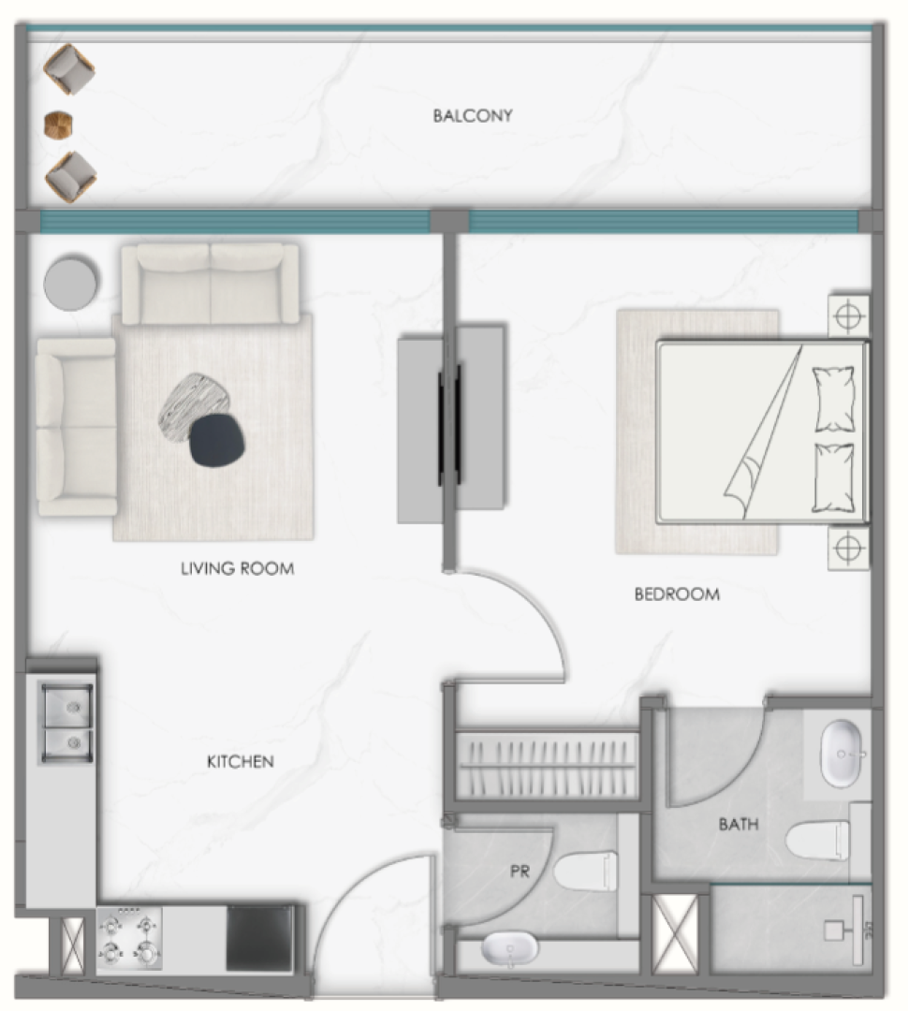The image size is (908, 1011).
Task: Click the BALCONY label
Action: coord(473,116)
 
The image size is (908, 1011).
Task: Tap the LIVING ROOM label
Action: coord(238,569)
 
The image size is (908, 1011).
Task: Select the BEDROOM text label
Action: coord(677,593)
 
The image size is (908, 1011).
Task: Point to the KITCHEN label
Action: coord(241,762)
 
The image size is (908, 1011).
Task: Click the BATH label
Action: coord(739,824)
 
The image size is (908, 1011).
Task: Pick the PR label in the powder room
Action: coord(520,872)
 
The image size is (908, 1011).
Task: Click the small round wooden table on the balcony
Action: coord(58,125)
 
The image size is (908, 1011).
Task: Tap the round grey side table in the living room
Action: coord(71,283)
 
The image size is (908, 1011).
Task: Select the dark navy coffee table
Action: coord(217,440)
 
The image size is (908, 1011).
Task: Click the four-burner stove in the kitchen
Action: coord(129,938)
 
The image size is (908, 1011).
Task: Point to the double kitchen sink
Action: coord(66,722)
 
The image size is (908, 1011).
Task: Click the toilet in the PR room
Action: coord(586,871)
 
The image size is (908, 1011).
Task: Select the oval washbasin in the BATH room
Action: coord(842,753)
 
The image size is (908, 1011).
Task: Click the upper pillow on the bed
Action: coord(834,399)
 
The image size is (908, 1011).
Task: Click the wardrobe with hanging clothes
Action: coord(548,765)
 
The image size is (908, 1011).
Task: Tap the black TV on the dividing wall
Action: coord(449,425)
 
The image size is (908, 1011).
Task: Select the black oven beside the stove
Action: coord(259,939)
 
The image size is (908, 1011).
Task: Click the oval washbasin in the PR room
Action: coord(509,950)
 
